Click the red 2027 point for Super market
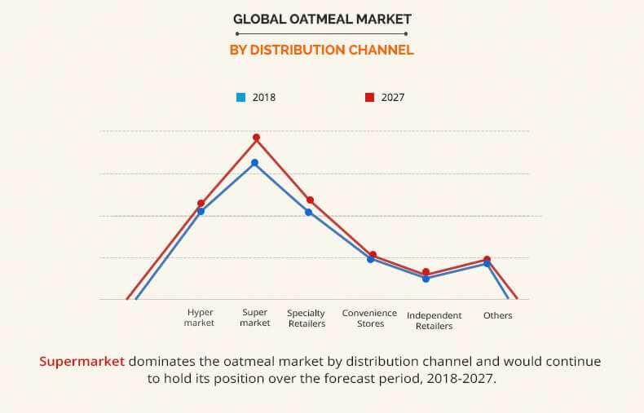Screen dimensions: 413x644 pyautogui.click(x=256, y=138)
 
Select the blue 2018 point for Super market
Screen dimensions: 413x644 pyautogui.click(x=254, y=163)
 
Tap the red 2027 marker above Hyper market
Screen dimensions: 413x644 pyautogui.click(x=201, y=203)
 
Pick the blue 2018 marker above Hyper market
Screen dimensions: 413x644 pyautogui.click(x=201, y=212)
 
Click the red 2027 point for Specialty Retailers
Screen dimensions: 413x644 pyautogui.click(x=310, y=200)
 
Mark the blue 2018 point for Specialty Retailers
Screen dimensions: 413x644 pyautogui.click(x=309, y=213)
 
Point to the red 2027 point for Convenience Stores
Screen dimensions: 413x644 pyautogui.click(x=373, y=255)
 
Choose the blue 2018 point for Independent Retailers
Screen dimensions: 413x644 pyautogui.click(x=426, y=279)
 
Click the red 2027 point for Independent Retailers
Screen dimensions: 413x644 pyautogui.click(x=426, y=272)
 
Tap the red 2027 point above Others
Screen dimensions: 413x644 pyautogui.click(x=487, y=260)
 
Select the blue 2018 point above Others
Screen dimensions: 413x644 pyautogui.click(x=487, y=264)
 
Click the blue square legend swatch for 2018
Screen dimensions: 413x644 pyautogui.click(x=241, y=98)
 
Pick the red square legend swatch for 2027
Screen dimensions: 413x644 pyautogui.click(x=369, y=98)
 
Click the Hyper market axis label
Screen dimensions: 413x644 pyautogui.click(x=200, y=318)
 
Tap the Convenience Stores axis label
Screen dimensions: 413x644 pyautogui.click(x=369, y=318)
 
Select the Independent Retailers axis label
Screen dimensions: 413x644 pyautogui.click(x=434, y=321)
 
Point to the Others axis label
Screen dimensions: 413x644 pyautogui.click(x=497, y=315)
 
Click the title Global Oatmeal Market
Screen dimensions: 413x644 pyautogui.click(x=322, y=18)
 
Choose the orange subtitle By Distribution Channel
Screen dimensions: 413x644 pyautogui.click(x=322, y=50)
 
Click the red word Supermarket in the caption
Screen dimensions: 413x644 pyautogui.click(x=82, y=360)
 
